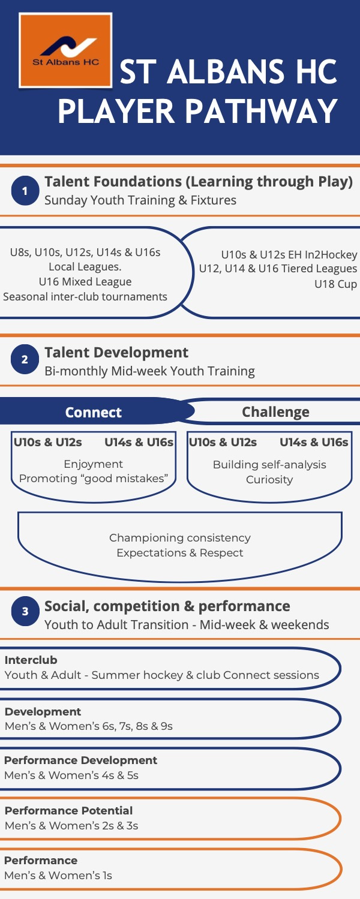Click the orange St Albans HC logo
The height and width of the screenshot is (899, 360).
(x=65, y=50)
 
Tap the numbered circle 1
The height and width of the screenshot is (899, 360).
(x=25, y=191)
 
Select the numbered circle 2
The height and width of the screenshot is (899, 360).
(x=25, y=359)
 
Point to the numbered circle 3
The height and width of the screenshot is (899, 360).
(x=25, y=611)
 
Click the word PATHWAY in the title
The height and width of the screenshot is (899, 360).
(x=261, y=111)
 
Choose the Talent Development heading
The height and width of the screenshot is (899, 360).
(x=116, y=353)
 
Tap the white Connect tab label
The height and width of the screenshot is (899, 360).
(x=93, y=412)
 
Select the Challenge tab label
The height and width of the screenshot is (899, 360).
(x=275, y=412)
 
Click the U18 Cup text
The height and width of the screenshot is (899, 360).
(x=335, y=284)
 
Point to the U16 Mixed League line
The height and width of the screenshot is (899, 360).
(x=85, y=282)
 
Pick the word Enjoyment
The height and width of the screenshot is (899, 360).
(x=93, y=464)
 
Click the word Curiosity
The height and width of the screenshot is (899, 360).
(x=269, y=480)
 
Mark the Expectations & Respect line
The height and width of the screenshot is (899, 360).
(x=180, y=552)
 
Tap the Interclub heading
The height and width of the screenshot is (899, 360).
(x=31, y=660)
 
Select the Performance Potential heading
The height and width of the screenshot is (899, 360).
(x=68, y=811)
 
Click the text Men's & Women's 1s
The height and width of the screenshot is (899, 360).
(x=58, y=876)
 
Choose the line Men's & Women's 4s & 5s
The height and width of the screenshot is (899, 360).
(x=71, y=775)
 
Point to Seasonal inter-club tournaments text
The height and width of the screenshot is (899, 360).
(x=85, y=297)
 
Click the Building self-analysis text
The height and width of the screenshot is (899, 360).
(x=269, y=464)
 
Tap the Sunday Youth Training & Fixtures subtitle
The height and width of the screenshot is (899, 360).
(x=140, y=200)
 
